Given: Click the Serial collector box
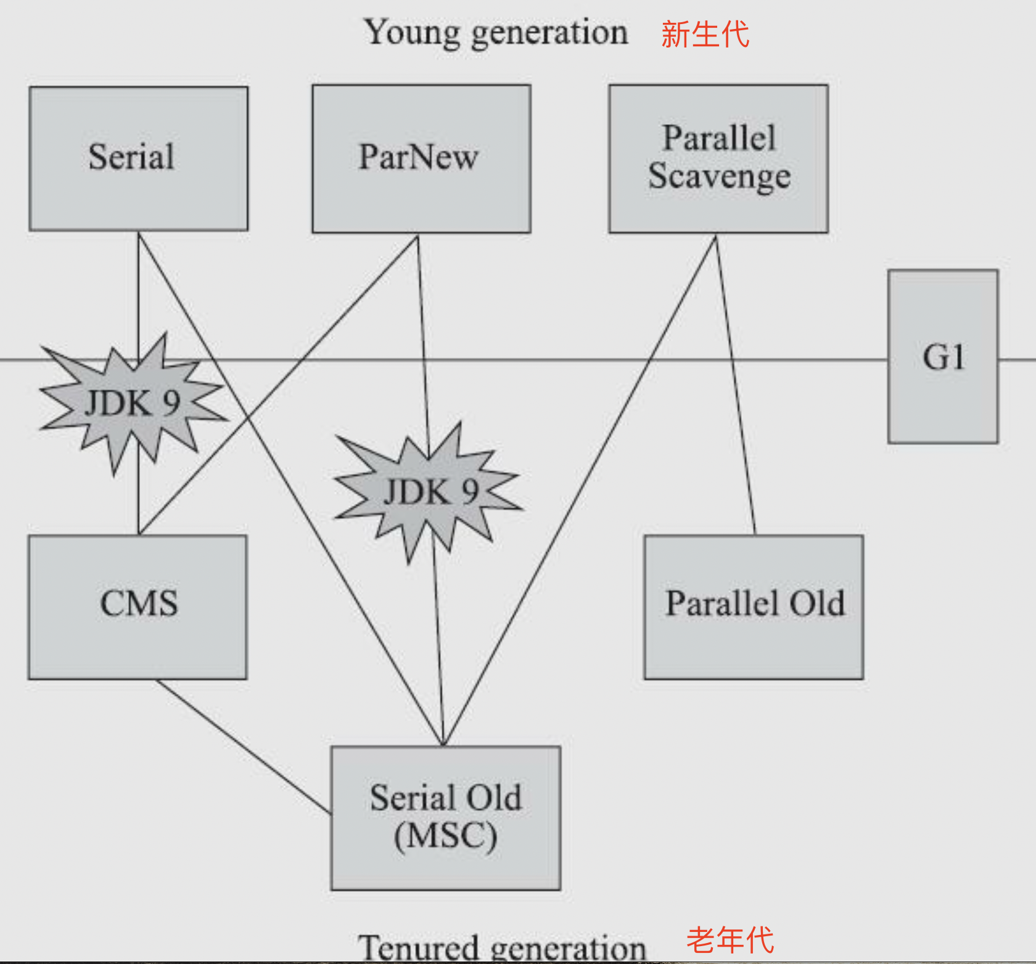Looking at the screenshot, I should pos(139,159).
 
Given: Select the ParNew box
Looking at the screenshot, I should pos(421,159).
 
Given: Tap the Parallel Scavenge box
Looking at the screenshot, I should pos(718,159).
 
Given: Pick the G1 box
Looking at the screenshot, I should pos(943,357).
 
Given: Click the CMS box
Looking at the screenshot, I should pos(138,607).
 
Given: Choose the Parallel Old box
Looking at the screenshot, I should pos(754,607).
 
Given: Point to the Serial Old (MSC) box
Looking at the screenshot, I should pos(446,818).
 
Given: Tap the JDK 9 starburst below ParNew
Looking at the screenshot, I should pos(430,492).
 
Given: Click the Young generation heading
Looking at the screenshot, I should pos(496,32).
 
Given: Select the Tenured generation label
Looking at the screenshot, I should pos(502,947).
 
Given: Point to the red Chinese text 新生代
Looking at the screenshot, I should pos(705,34).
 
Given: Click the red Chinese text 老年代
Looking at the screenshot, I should pos(730,940).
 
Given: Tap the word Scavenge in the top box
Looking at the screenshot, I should pos(720,177).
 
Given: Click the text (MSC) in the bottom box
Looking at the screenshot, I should pos(446,836).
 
